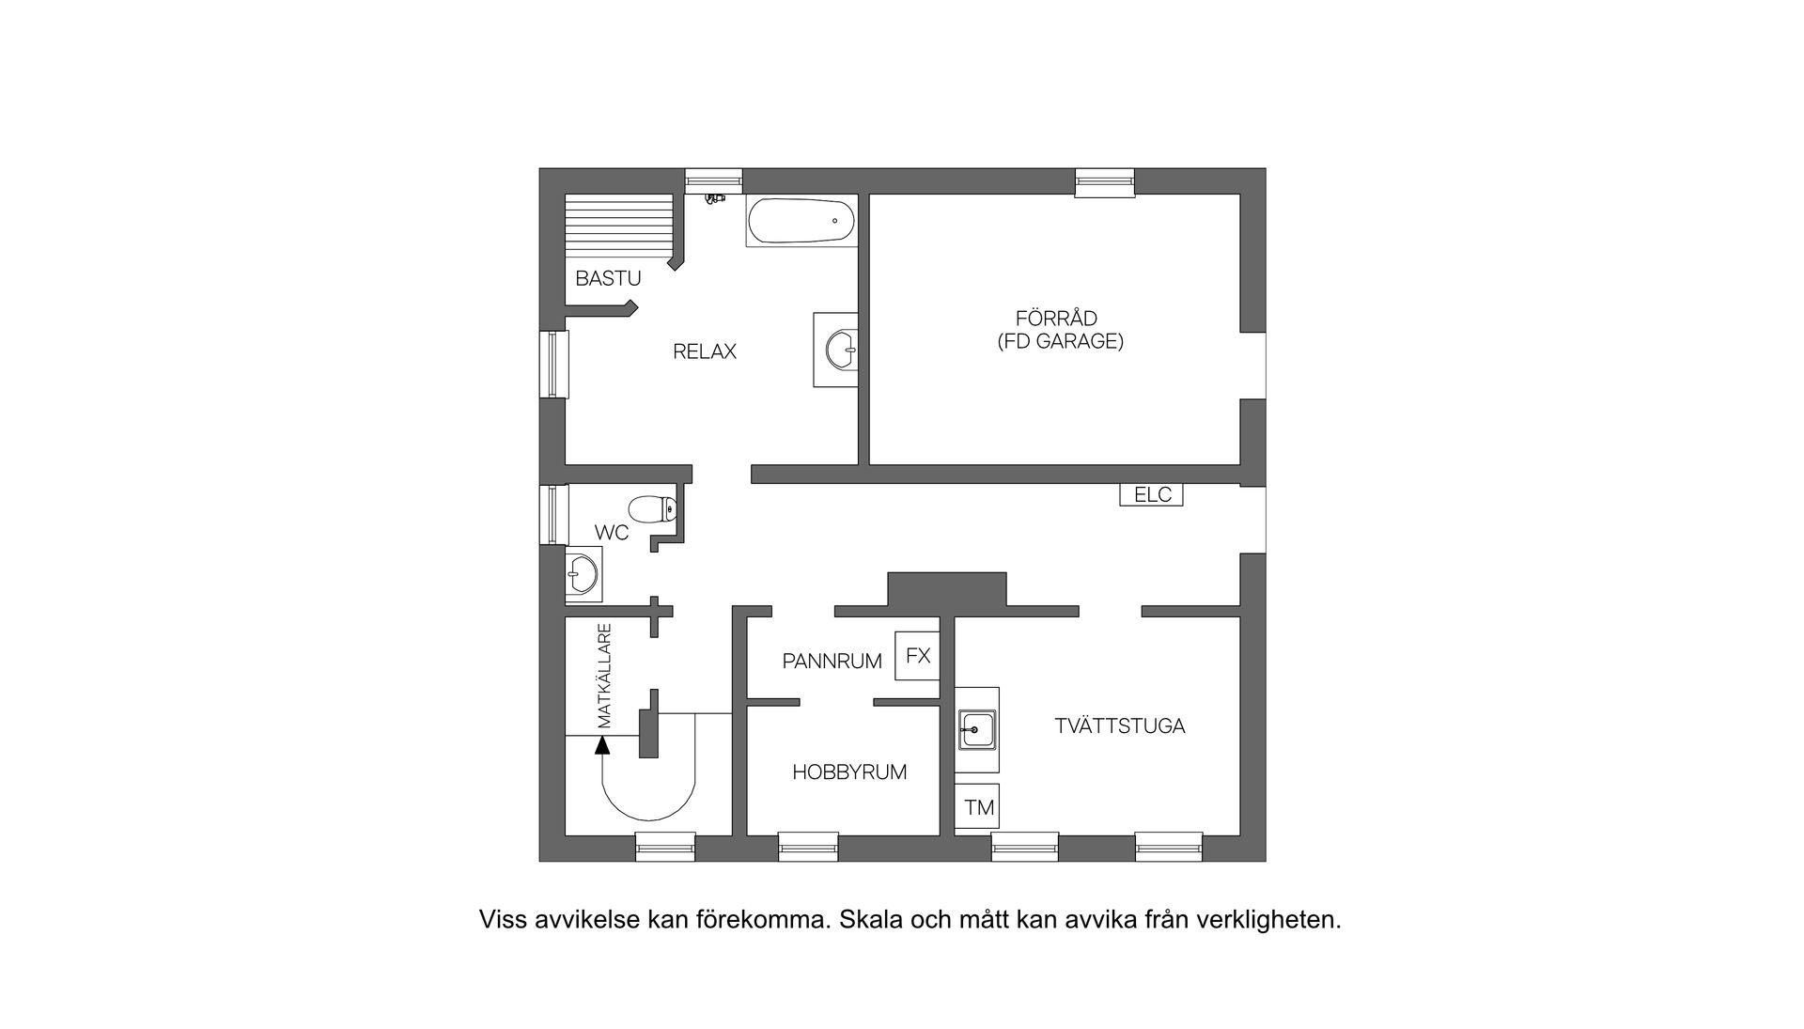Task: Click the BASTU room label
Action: click(608, 278)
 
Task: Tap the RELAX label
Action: click(704, 351)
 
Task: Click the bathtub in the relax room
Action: click(801, 221)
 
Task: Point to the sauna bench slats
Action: click(619, 227)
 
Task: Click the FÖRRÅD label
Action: click(1056, 319)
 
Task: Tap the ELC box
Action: click(1151, 494)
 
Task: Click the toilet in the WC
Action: click(650, 509)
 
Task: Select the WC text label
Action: click(612, 533)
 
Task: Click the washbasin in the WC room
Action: click(583, 572)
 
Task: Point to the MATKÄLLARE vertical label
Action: click(605, 676)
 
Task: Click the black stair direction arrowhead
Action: click(602, 745)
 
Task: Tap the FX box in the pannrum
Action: click(917, 655)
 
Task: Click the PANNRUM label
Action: click(832, 662)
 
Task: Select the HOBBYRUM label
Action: click(849, 772)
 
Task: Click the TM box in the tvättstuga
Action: click(978, 807)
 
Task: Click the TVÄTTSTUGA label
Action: click(1119, 726)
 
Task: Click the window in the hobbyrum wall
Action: click(808, 846)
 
